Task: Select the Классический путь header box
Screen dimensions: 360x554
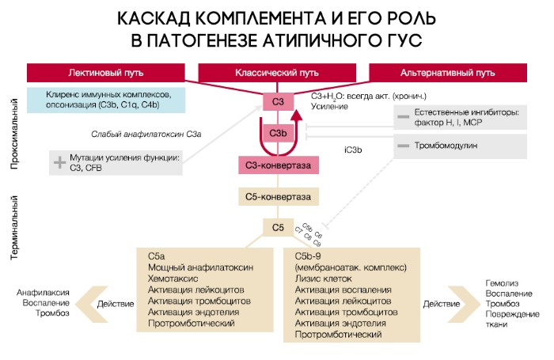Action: [277, 72]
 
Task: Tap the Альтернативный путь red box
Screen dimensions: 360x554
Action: [448, 72]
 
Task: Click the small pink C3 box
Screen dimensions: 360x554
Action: [278, 101]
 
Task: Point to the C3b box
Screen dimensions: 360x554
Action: [278, 133]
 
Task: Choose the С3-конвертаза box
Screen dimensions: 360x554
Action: [279, 165]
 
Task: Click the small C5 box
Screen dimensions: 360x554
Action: [278, 228]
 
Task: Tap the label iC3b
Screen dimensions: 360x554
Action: [354, 148]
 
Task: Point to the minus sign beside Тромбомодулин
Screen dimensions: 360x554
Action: [403, 146]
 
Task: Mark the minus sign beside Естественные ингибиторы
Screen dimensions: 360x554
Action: [403, 116]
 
